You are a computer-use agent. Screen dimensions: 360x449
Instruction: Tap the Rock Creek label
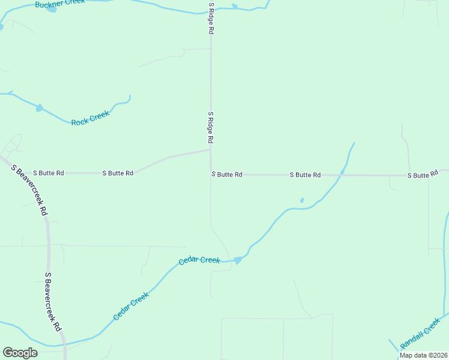pos(90,118)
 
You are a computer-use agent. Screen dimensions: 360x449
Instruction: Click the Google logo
pos(20,353)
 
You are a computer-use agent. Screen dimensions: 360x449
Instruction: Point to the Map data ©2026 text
pos(424,355)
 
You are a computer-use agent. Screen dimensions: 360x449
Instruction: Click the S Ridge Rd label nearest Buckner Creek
pos(211,19)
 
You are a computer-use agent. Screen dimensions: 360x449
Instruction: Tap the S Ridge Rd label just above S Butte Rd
pos(211,127)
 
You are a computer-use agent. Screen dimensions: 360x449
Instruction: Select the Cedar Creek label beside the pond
pos(200,260)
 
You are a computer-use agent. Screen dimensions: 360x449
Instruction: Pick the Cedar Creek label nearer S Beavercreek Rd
pos(130,306)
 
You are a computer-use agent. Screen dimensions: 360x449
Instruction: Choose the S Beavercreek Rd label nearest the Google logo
pos(53,302)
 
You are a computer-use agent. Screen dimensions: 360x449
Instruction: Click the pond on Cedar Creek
pos(238,260)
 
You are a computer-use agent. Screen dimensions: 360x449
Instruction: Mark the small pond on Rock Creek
pos(40,109)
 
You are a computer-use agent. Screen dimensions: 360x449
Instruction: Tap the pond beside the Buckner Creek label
pos(51,9)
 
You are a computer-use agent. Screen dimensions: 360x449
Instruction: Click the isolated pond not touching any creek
pos(302,200)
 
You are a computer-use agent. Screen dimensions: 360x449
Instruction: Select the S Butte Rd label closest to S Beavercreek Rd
pos(48,173)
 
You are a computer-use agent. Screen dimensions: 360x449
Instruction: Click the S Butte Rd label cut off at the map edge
pos(427,175)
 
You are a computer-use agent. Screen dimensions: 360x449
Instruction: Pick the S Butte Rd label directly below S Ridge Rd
pos(226,175)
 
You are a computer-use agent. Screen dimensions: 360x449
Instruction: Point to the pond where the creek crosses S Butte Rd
pos(342,172)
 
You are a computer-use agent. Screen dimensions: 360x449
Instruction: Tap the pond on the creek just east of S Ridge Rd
pos(235,7)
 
